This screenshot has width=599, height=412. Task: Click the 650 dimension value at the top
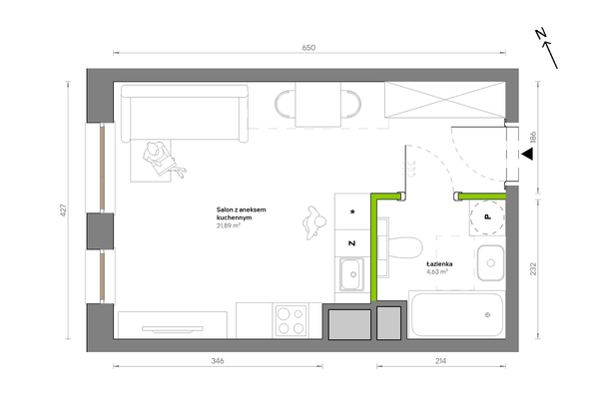308,48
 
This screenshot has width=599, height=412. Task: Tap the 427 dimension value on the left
63,210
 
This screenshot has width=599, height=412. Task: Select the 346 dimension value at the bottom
218,361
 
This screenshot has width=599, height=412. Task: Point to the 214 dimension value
440,361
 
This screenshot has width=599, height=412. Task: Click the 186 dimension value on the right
533,138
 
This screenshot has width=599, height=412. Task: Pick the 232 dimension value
533,268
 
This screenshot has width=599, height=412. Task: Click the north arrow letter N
540,34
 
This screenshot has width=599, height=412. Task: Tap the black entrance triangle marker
527,154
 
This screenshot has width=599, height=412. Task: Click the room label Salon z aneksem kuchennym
241,213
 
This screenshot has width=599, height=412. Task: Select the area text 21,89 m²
228,225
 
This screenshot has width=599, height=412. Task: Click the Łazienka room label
439,263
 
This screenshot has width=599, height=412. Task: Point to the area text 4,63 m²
437,272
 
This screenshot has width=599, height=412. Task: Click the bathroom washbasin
490,263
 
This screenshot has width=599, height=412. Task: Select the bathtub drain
487,314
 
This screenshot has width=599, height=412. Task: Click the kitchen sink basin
352,274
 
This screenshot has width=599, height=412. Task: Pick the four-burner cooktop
291,321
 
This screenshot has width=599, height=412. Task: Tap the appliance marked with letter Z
352,243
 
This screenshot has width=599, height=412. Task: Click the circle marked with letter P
487,216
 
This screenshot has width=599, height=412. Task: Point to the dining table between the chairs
317,104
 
